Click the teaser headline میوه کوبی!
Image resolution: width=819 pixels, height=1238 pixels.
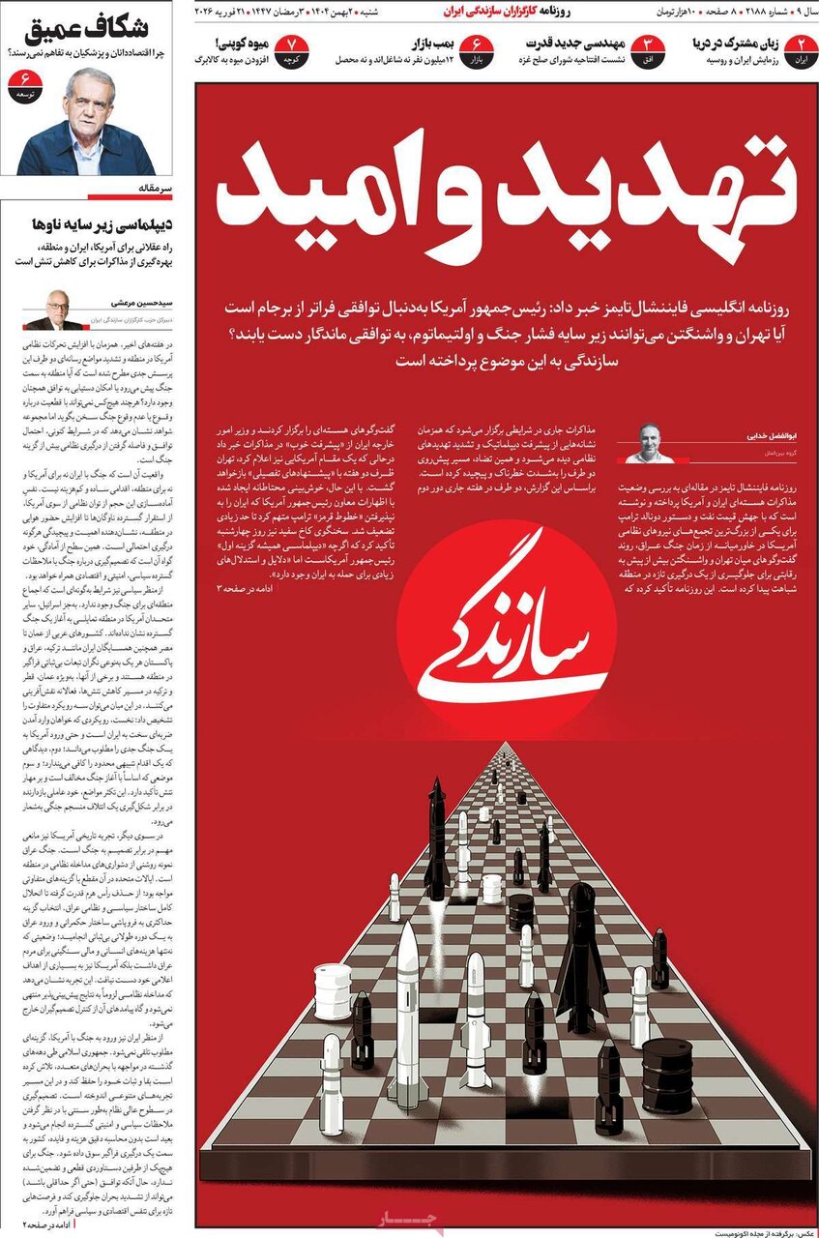tap(231, 43)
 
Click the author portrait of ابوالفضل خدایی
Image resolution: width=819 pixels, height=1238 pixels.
tap(646, 443)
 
